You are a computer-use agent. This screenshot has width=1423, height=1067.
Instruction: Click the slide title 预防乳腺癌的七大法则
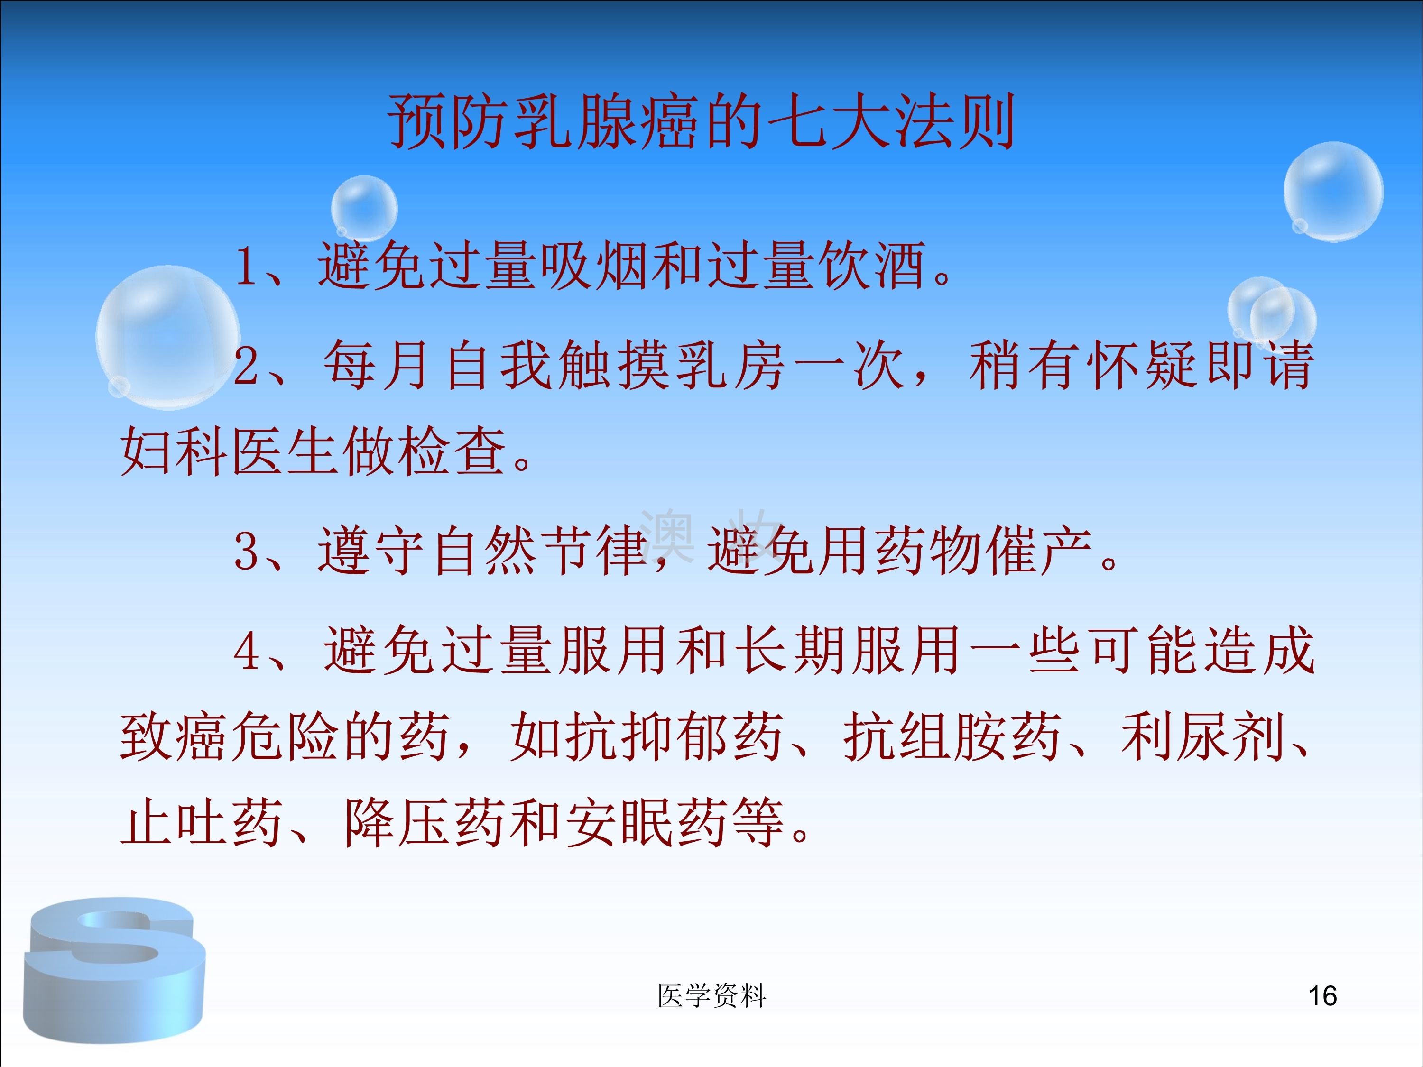701,121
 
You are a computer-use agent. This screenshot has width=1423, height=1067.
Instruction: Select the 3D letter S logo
114,970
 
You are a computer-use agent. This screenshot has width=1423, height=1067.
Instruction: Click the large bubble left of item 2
168,338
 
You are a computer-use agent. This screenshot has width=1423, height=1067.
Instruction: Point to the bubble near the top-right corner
1333,192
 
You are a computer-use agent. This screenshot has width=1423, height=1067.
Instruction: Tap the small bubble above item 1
364,208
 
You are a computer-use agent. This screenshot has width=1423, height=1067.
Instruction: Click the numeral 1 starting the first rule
246,266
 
